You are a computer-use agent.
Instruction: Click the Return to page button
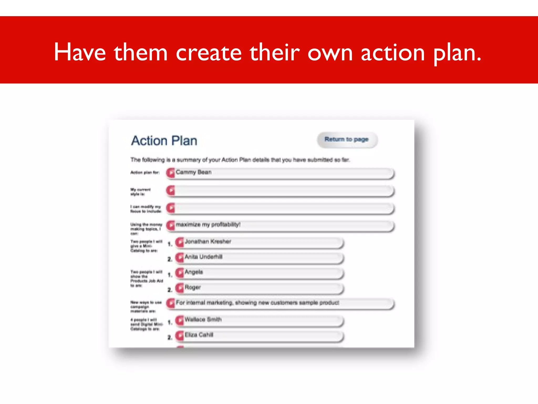click(347, 139)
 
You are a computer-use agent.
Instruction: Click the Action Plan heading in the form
click(164, 141)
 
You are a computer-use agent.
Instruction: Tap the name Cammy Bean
click(194, 172)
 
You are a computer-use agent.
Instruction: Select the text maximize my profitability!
click(208, 225)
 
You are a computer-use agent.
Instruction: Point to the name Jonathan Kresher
click(208, 241)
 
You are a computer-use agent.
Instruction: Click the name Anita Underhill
click(203, 257)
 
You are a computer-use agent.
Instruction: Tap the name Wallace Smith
click(203, 320)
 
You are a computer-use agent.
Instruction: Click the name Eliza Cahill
click(199, 335)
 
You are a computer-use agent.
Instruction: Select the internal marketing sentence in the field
click(257, 303)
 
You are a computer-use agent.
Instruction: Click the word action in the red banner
click(393, 53)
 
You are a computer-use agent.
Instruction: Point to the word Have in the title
click(80, 53)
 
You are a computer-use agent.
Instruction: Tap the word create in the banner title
click(209, 53)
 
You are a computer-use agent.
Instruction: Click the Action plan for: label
click(145, 173)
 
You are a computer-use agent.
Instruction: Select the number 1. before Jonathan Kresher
click(170, 244)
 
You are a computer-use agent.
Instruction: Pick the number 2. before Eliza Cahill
click(170, 337)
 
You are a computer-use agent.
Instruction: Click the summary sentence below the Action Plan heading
click(240, 160)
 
